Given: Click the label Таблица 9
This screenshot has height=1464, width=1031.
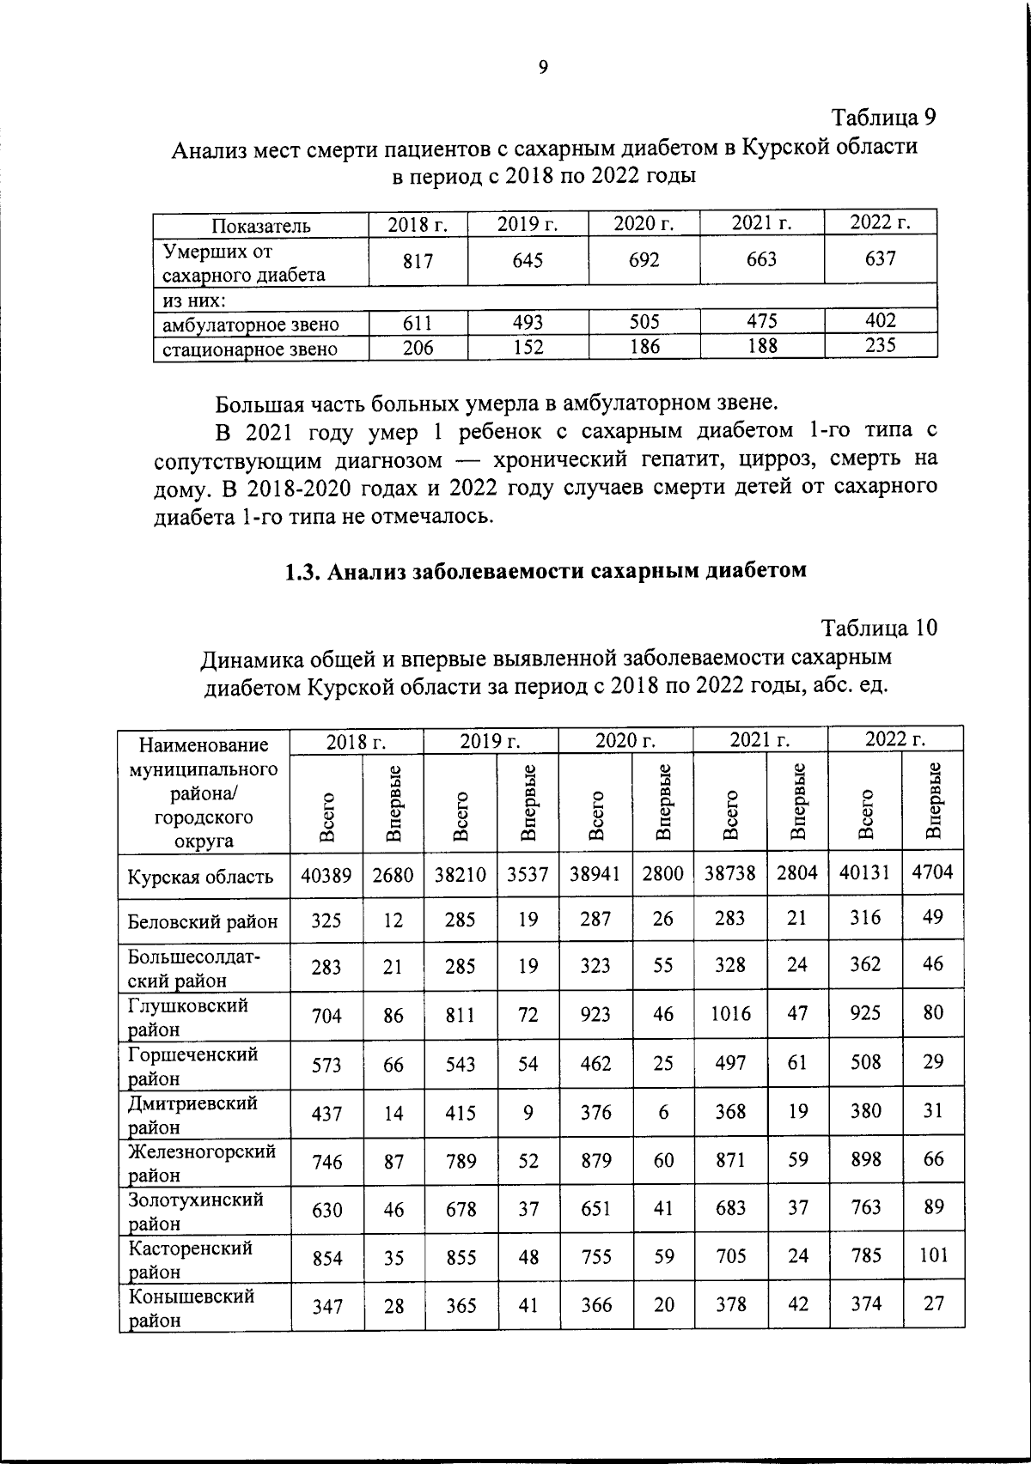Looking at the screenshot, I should pos(882,117).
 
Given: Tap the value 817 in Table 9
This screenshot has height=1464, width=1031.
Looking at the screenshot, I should pos(418,261).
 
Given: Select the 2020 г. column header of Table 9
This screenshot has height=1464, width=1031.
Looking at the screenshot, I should pos(644,224).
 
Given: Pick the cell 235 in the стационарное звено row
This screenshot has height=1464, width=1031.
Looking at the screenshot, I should pos(880,346).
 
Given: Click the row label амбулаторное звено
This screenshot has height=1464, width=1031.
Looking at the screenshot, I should pos(251,325).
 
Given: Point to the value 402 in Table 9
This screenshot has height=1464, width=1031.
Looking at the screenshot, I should pos(880,321).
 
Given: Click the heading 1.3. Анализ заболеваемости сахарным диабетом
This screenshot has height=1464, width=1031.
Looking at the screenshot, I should pos(546,571).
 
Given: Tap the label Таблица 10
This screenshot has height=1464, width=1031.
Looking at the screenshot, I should pos(879,628).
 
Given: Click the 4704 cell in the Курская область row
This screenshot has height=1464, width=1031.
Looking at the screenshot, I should pos(932,873).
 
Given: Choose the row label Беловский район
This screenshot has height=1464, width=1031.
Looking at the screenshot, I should pos(203,922).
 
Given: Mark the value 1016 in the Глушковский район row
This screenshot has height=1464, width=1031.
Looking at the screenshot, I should pos(729,1014).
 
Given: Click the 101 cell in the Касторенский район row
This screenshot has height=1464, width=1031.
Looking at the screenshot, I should pos(933,1255).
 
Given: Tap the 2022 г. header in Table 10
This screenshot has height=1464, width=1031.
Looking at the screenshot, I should pos(895,739).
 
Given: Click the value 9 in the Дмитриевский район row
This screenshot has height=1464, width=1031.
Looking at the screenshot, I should pos(528,1113).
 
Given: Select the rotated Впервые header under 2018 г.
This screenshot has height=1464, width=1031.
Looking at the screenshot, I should pos(393,803).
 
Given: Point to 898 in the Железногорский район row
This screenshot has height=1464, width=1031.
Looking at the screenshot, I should pos(865,1160).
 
